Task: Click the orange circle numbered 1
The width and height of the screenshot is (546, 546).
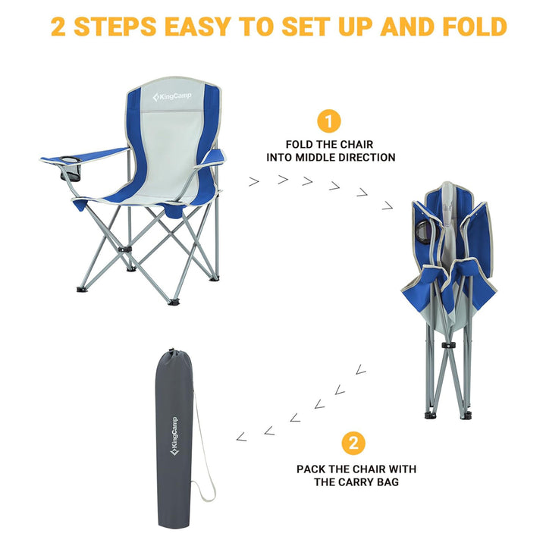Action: point(328,121)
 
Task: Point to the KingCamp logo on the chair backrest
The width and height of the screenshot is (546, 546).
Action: point(173,97)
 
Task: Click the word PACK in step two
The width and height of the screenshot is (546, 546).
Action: point(312,469)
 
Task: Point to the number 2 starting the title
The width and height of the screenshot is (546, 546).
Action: point(58,27)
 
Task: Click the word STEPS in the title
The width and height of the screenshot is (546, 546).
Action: point(118,27)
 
